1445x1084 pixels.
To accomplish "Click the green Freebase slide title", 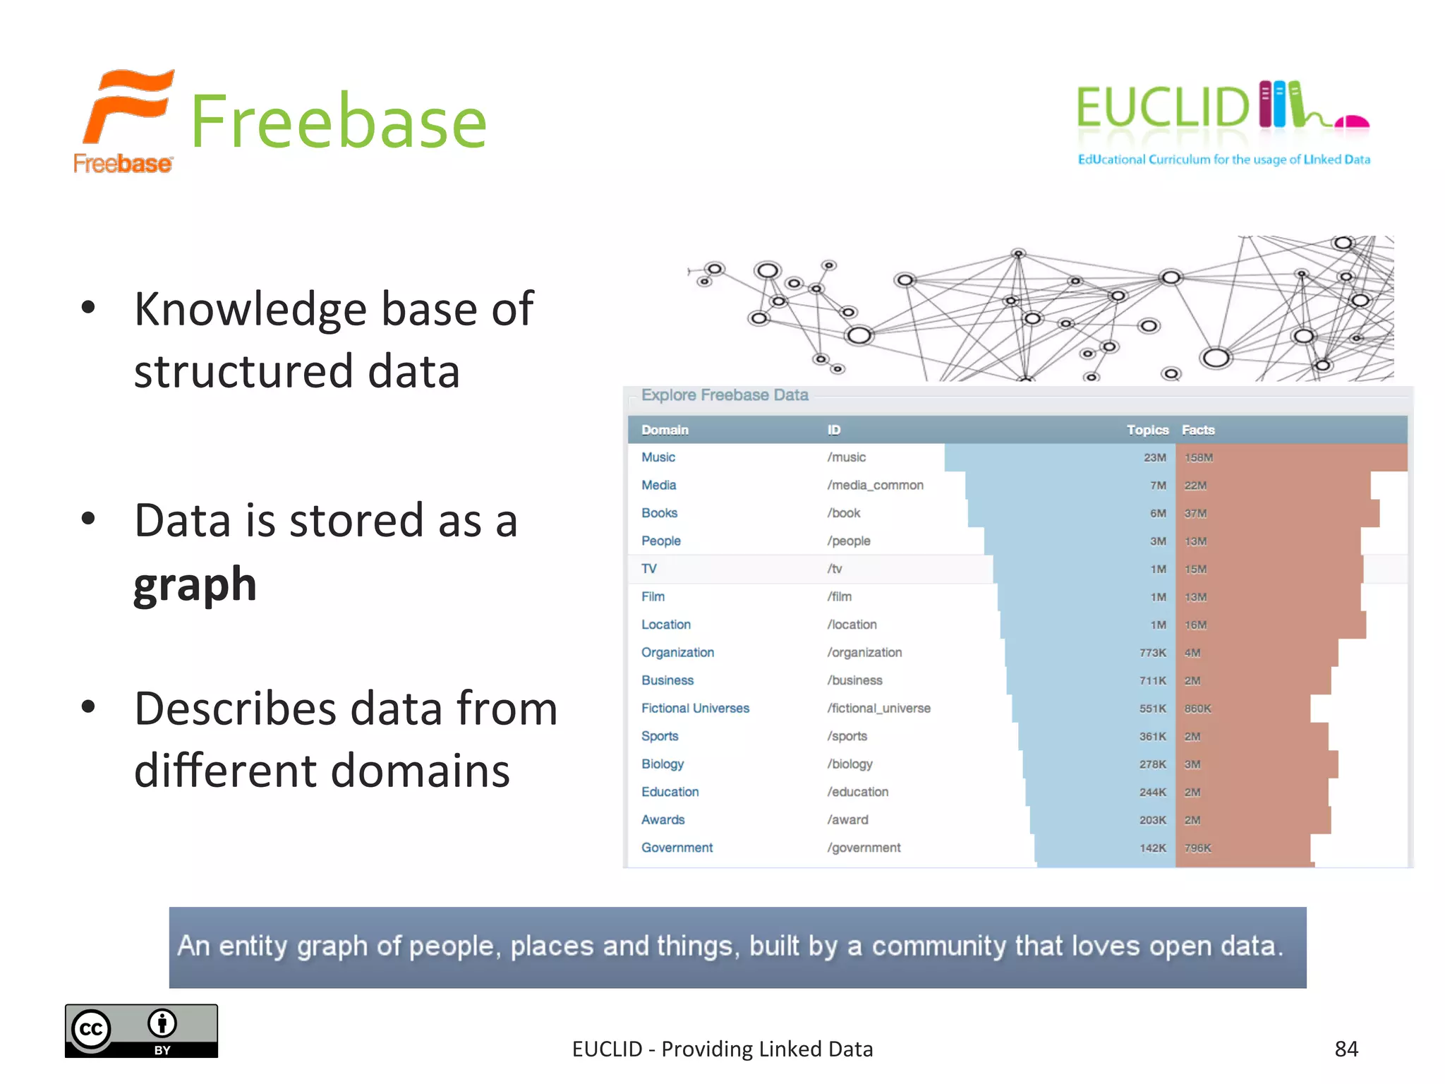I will [x=339, y=122].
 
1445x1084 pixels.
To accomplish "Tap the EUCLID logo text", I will [x=1162, y=107].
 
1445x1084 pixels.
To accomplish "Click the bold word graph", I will [x=195, y=585].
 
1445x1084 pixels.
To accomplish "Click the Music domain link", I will [x=658, y=457].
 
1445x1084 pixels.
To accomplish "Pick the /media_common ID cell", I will [x=875, y=486].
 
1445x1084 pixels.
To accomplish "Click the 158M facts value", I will [x=1198, y=458].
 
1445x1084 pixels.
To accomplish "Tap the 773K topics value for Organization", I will [x=1152, y=653].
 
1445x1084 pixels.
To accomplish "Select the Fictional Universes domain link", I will [x=695, y=709].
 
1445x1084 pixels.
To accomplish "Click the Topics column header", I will [x=1147, y=430].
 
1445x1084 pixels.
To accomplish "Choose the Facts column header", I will [x=1198, y=430].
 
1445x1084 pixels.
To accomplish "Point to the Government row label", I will [x=677, y=848].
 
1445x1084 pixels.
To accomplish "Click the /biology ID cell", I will [x=850, y=764].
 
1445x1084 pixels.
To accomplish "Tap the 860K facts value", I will [x=1197, y=709].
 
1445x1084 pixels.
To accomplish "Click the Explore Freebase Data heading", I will [x=725, y=395].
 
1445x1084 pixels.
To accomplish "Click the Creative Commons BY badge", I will [x=141, y=1030].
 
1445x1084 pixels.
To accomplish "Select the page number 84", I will [x=1346, y=1049].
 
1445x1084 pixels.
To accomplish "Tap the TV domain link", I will [x=648, y=569].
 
